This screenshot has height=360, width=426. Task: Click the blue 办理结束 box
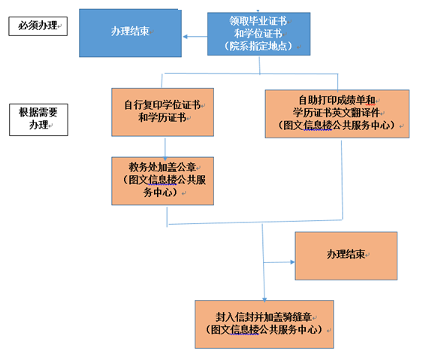pos(131,32)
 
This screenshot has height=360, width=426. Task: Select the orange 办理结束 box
pos(346,256)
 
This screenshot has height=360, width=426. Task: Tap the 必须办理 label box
pos(37,27)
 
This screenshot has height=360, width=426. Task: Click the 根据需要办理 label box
pos(38,119)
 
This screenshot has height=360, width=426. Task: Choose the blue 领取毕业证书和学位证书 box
pos(259,33)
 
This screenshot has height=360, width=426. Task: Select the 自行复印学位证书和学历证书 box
pos(162,112)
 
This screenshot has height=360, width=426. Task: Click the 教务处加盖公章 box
pos(163,180)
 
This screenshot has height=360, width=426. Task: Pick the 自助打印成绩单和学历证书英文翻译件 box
pos(337,113)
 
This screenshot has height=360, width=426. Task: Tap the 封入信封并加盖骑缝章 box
pos(264,324)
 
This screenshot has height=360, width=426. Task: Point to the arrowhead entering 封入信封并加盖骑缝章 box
pos(264,297)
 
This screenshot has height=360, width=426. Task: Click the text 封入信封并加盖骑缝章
pos(263,316)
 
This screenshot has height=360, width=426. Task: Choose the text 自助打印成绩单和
pos(336,99)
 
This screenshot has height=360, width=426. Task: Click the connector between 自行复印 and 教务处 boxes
pos(165,147)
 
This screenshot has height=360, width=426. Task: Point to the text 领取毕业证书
pos(260,20)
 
